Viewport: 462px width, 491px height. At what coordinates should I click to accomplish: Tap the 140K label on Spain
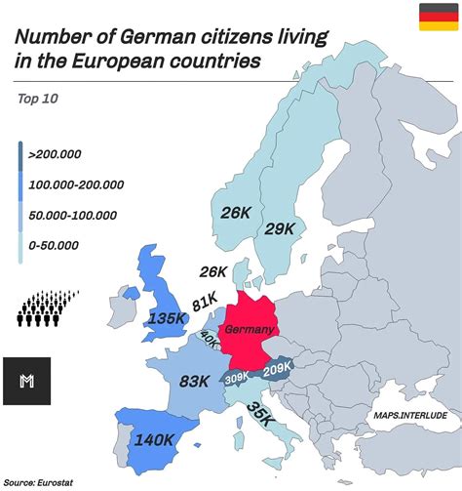click(153, 440)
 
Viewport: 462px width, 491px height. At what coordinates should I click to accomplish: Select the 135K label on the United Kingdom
click(167, 317)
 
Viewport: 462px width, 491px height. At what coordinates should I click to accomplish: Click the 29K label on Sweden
click(279, 227)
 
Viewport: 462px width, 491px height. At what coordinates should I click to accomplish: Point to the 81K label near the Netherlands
click(205, 303)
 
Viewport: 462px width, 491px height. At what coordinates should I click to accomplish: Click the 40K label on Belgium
click(210, 338)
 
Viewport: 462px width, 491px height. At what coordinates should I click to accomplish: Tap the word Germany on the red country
click(250, 330)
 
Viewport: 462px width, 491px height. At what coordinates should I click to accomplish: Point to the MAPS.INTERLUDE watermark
click(408, 415)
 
